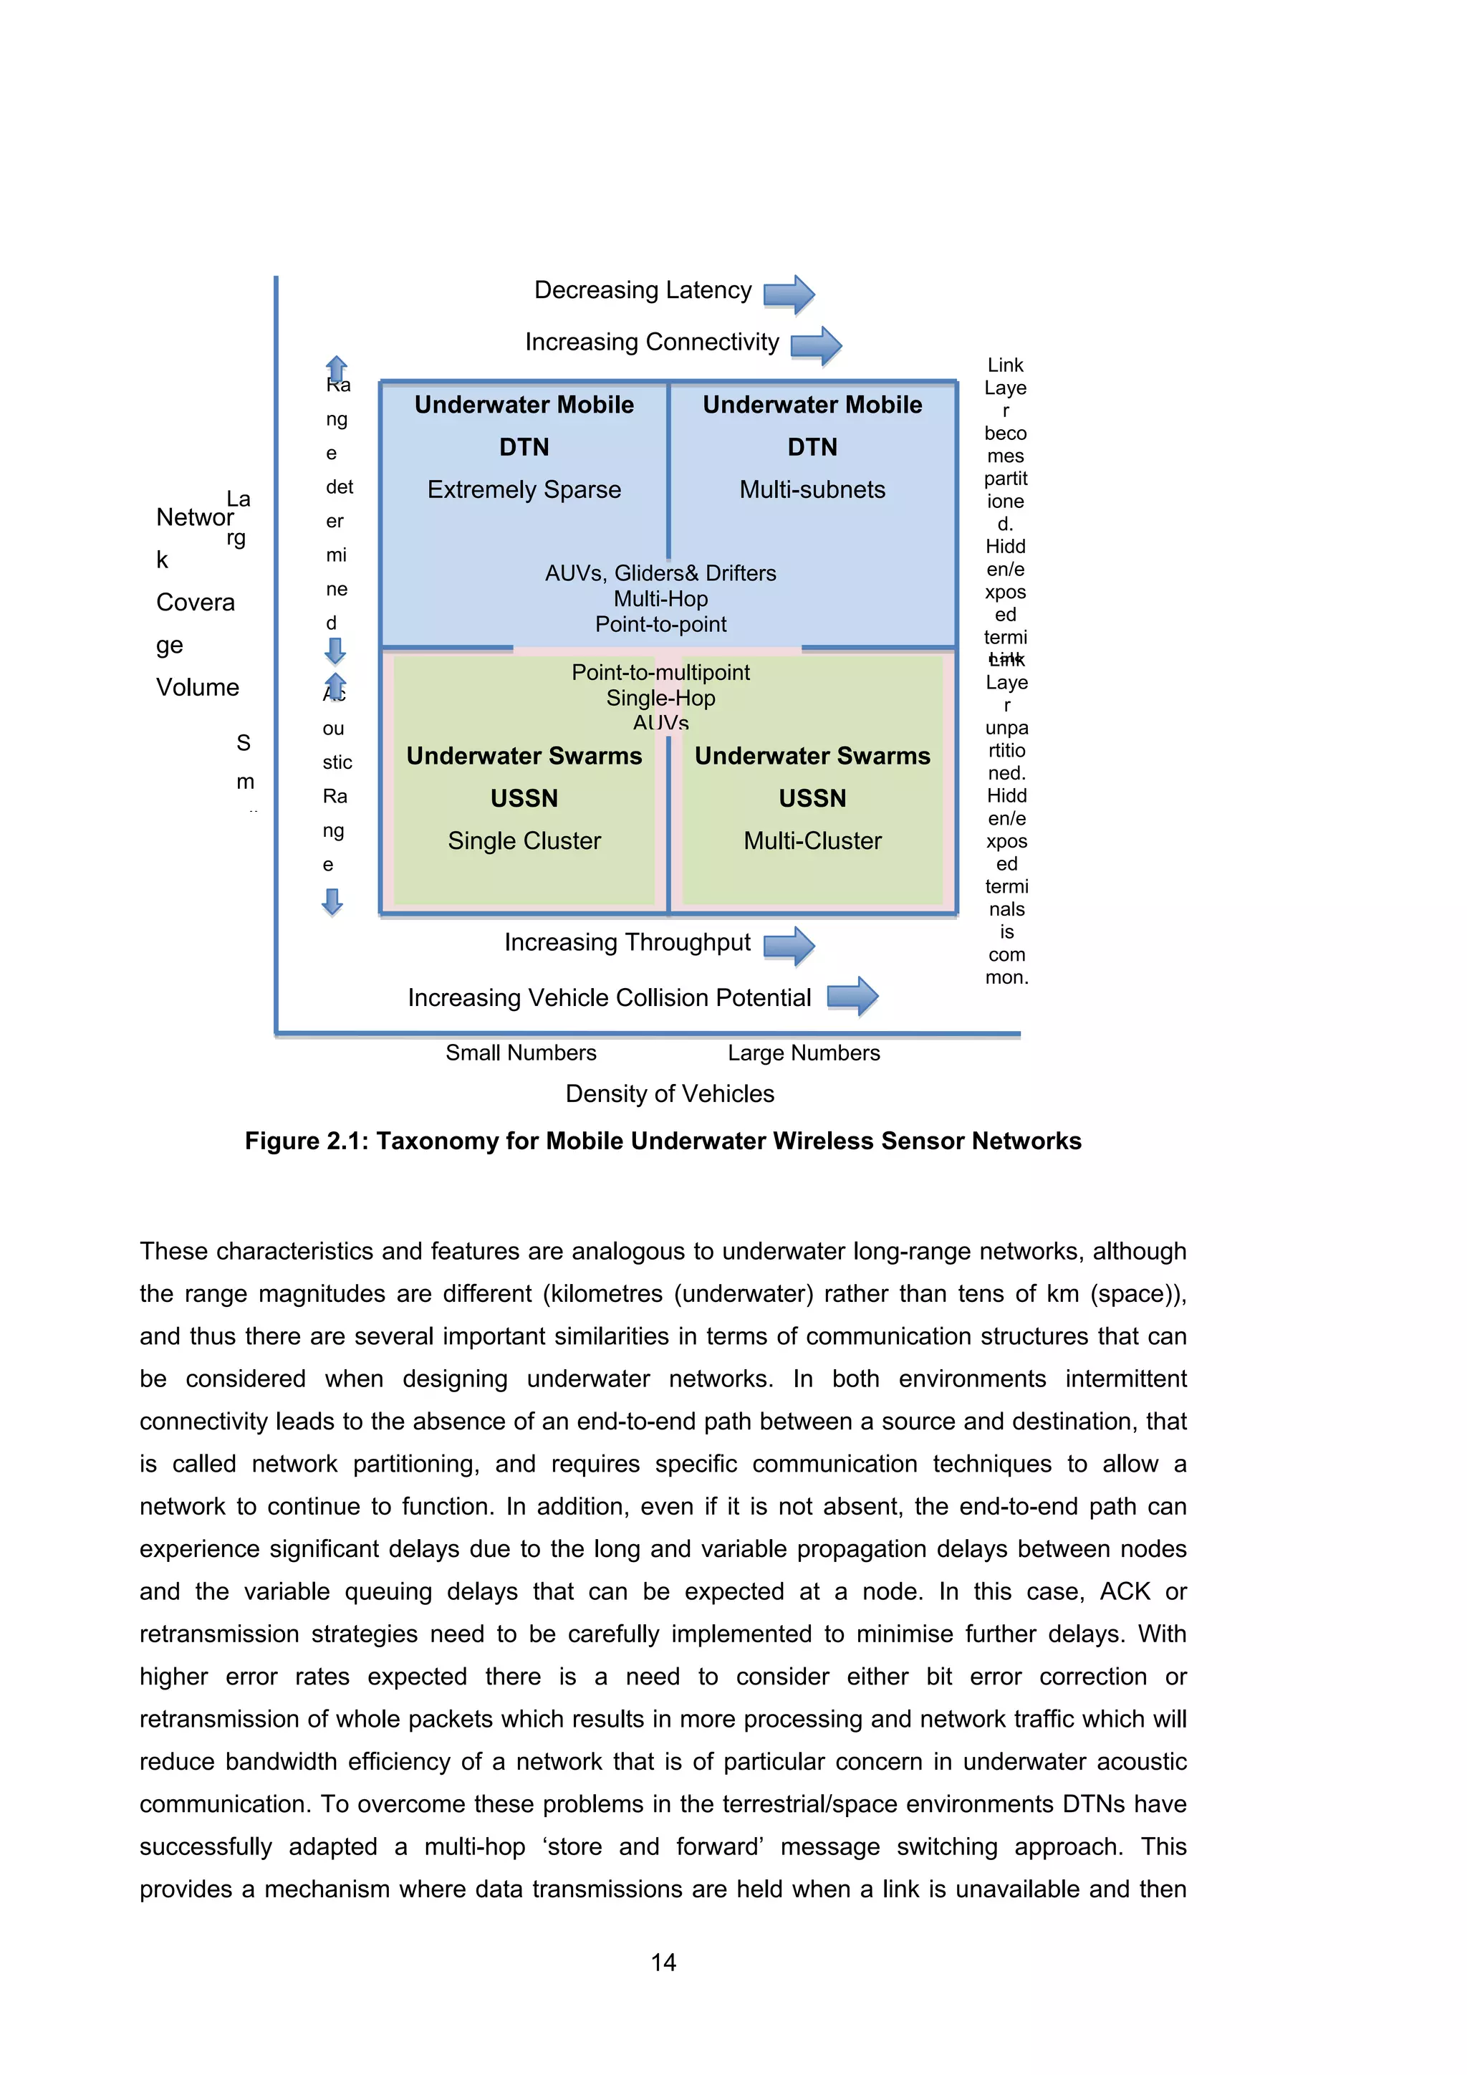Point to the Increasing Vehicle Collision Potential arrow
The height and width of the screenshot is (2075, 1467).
pyautogui.click(x=852, y=996)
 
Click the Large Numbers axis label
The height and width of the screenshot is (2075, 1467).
pyautogui.click(x=803, y=1053)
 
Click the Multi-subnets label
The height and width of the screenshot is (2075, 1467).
pyautogui.click(x=812, y=490)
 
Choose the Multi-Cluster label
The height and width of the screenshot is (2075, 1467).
pyautogui.click(x=812, y=840)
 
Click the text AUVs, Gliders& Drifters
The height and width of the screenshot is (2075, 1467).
pyautogui.click(x=660, y=573)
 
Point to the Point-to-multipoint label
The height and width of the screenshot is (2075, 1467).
pyautogui.click(x=660, y=672)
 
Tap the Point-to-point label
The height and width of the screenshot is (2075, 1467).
pyautogui.click(x=660, y=625)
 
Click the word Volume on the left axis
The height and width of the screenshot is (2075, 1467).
pyautogui.click(x=197, y=688)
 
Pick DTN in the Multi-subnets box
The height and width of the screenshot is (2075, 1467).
pyautogui.click(x=812, y=447)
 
